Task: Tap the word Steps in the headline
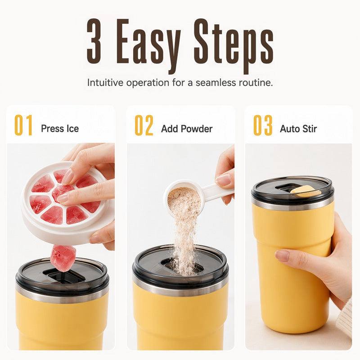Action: coord(234,46)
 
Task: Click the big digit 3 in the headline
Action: coord(94,41)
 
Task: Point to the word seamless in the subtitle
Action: coord(216,83)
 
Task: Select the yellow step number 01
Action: coord(23,125)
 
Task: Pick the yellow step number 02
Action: coord(144,125)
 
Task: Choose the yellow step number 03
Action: coord(263,125)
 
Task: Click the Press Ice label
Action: coord(60,129)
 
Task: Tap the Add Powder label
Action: coord(187,129)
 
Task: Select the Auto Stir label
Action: coord(298,129)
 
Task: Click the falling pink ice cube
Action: coord(63,258)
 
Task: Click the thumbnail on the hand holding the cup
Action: coord(283,255)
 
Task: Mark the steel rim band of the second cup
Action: coord(180,289)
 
